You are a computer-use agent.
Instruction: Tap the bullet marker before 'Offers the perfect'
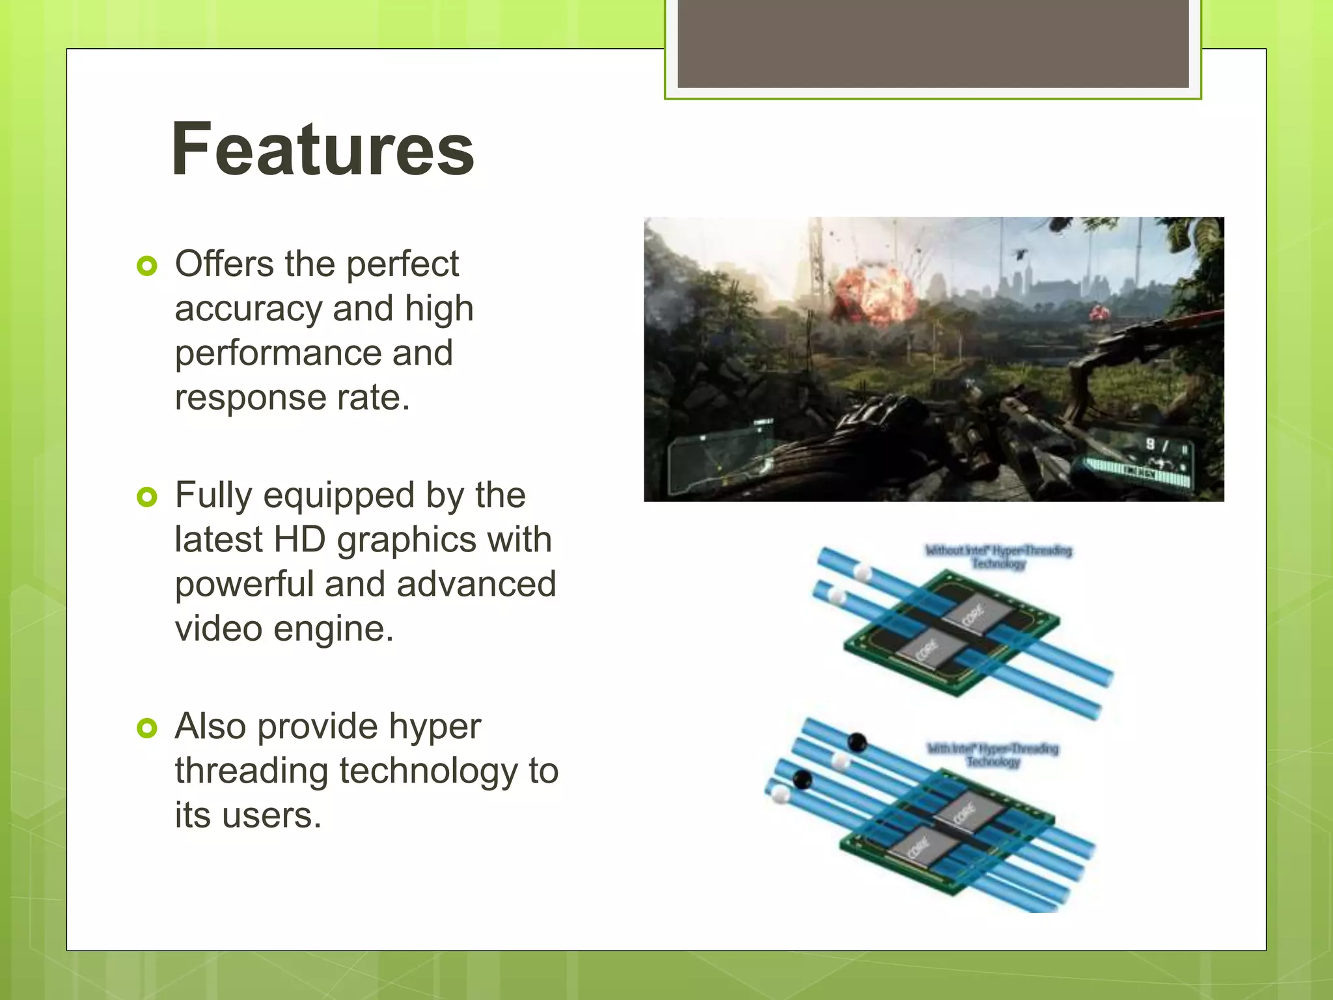click(148, 266)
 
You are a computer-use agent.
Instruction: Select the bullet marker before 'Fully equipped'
click(148, 497)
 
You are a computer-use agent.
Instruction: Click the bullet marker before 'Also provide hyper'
click(148, 728)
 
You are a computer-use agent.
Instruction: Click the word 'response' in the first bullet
click(250, 398)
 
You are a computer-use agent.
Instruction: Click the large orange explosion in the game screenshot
click(872, 293)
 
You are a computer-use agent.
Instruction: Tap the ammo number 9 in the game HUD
click(1150, 444)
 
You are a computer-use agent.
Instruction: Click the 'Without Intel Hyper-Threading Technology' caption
click(998, 557)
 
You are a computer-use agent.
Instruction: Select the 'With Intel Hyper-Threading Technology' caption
click(993, 755)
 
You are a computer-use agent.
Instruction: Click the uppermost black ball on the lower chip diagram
click(857, 742)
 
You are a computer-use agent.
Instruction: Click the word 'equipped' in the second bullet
click(338, 496)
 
